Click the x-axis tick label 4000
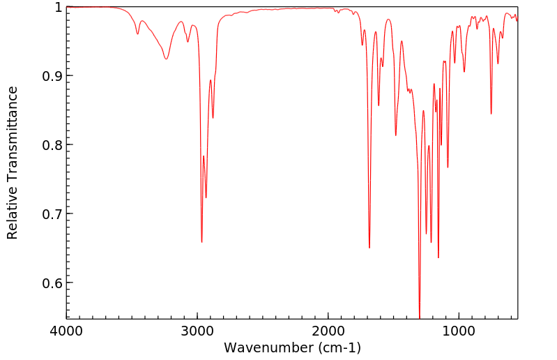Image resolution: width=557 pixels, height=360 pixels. tap(67, 331)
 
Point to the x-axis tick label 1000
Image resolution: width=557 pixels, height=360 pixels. tap(459, 331)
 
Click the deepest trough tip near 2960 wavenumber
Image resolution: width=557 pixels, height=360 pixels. tap(201, 242)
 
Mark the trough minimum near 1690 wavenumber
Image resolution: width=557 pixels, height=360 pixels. tap(369, 248)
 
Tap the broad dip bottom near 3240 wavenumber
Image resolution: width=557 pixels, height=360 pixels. tap(166, 59)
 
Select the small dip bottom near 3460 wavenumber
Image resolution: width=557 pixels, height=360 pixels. tap(137, 34)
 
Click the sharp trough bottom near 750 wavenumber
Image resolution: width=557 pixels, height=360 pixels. tap(491, 114)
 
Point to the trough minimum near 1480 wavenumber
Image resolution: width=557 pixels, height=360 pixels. tap(395, 135)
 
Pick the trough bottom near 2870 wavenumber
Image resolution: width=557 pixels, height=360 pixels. tap(213, 117)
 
